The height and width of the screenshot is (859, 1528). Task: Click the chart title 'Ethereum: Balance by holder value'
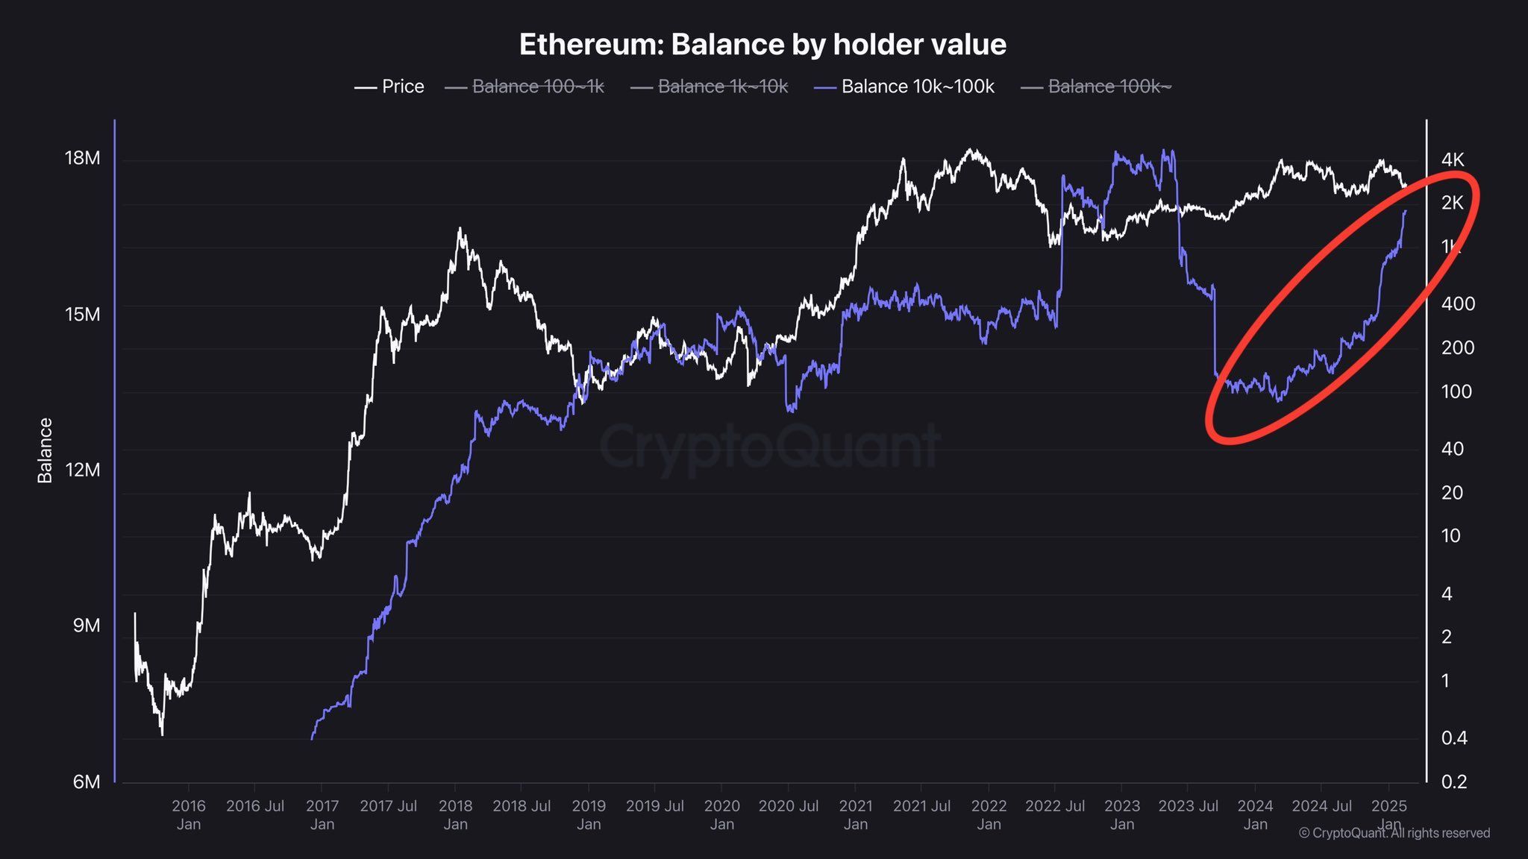point(763,45)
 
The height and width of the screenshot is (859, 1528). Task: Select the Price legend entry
point(389,86)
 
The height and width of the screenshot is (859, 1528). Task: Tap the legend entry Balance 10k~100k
point(906,86)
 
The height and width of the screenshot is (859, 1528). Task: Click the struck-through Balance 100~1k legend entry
point(525,86)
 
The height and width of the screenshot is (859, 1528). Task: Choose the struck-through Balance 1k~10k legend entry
point(710,86)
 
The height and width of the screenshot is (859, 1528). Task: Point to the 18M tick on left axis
point(82,158)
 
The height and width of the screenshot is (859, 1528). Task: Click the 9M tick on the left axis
point(87,626)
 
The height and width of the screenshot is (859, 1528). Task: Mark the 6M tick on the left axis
point(86,781)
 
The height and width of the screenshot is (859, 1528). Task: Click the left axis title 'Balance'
point(45,450)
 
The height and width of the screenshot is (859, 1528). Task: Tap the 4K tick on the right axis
point(1453,159)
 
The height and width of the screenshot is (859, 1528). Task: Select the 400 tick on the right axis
point(1458,303)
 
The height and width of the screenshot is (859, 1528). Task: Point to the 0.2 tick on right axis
point(1453,781)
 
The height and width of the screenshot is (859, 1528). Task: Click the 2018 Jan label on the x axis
point(455,814)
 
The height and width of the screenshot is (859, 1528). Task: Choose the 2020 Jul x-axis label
point(788,806)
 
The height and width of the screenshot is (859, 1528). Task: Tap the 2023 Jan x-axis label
point(1121,814)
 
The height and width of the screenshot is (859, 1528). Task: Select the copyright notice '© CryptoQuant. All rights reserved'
point(1394,833)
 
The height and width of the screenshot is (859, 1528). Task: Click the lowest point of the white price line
point(162,734)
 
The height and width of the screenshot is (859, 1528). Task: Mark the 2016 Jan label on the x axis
point(188,814)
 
